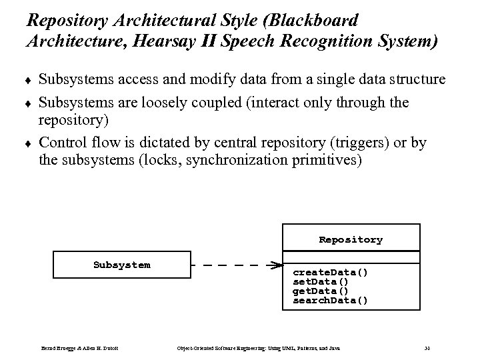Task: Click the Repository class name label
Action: [x=351, y=239]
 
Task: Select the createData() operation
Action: [x=330, y=273]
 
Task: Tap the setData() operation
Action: [x=320, y=282]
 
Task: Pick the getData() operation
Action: [x=320, y=291]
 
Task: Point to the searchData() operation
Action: [x=330, y=301]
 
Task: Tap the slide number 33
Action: [x=427, y=348]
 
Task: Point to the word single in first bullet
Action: [x=337, y=80]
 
